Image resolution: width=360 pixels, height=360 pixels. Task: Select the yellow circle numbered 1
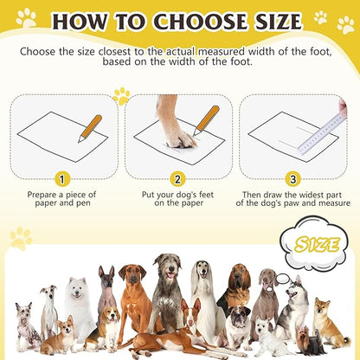[x=61, y=179]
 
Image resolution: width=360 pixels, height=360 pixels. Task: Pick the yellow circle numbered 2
[x=177, y=179]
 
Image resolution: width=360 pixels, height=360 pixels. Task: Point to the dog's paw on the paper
[x=179, y=133]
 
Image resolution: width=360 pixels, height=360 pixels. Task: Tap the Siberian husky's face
[x=294, y=294]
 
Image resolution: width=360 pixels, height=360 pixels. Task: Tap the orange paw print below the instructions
[x=121, y=96]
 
